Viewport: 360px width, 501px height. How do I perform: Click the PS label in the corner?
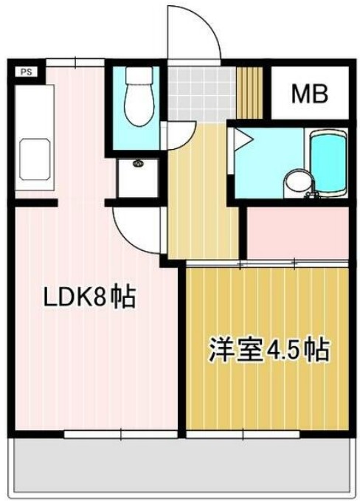click(x=26, y=72)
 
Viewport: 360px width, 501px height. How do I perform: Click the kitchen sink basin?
click(x=32, y=159)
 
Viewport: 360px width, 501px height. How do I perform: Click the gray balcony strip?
click(x=180, y=466)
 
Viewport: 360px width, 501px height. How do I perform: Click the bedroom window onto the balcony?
click(x=243, y=435)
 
